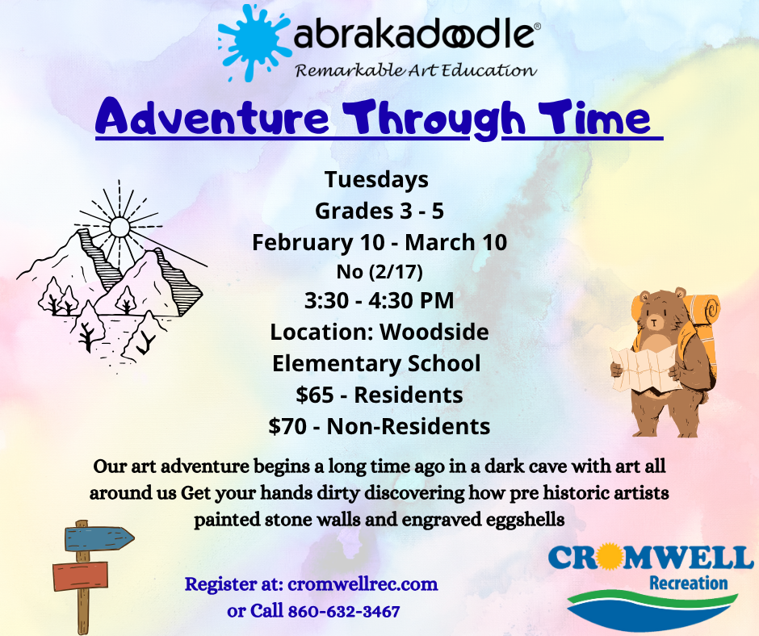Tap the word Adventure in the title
pos(212,117)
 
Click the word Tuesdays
pos(376,179)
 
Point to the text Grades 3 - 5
pos(379,211)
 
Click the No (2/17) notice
pos(379,271)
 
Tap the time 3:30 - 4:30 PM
pos(379,300)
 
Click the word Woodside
pos(434,332)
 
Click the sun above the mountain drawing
pos(119,227)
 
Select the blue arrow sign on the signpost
pos(99,538)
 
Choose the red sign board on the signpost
pos(80,576)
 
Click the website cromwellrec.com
pos(363,584)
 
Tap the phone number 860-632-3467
pos(344,611)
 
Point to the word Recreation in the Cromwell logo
pos(688,583)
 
